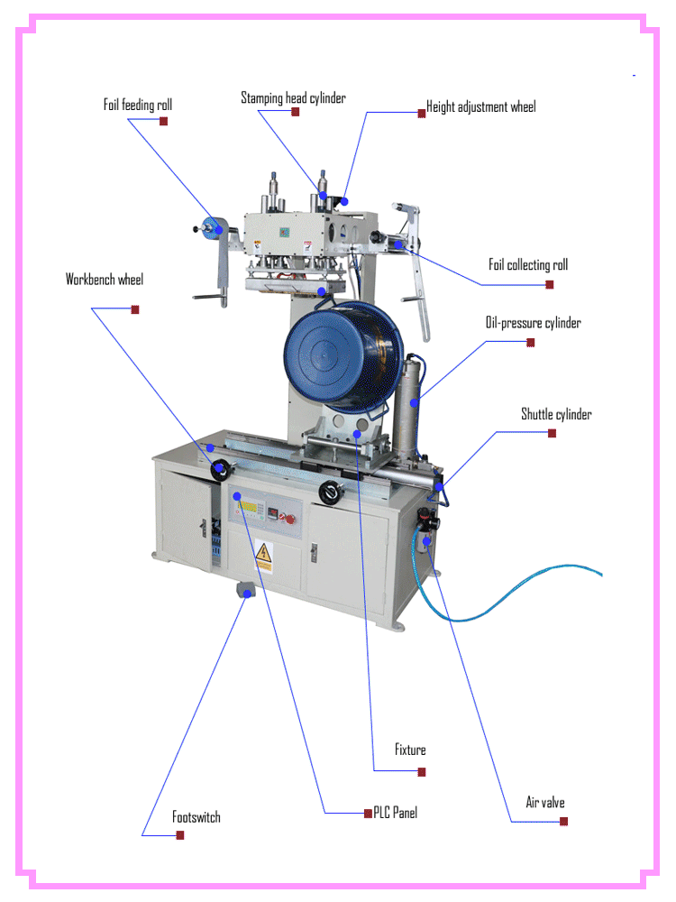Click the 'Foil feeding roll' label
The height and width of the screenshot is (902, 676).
pos(137,106)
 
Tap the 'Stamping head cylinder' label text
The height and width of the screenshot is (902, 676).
pos(293,97)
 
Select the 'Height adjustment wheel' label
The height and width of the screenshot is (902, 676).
pos(480,106)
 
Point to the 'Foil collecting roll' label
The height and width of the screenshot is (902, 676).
pos(528,264)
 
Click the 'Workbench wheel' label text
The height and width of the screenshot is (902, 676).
pos(104,280)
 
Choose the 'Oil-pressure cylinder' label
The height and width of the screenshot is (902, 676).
pos(534,322)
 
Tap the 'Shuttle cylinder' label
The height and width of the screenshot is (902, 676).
pos(556,414)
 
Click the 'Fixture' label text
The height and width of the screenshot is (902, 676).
pos(410,750)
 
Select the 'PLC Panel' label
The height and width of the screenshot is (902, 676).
pos(395,813)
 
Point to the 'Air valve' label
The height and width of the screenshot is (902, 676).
pos(545,802)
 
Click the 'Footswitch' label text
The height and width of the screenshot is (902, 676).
pos(196,817)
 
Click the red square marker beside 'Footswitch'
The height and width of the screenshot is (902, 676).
pos(180,836)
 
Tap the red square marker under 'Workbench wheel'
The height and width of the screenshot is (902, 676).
pos(135,309)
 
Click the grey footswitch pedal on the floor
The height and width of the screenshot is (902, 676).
pos(243,591)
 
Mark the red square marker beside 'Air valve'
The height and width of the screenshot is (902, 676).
pos(563,821)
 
